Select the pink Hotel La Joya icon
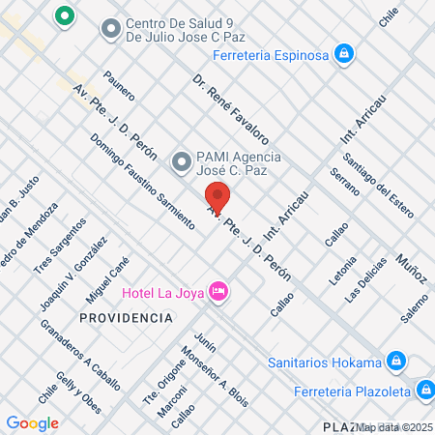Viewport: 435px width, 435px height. click(218, 290)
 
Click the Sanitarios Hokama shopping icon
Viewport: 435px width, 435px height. click(394, 362)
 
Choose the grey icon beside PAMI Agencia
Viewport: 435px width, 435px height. click(180, 160)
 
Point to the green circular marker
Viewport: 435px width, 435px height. click(65, 16)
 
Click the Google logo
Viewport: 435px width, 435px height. click(32, 422)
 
